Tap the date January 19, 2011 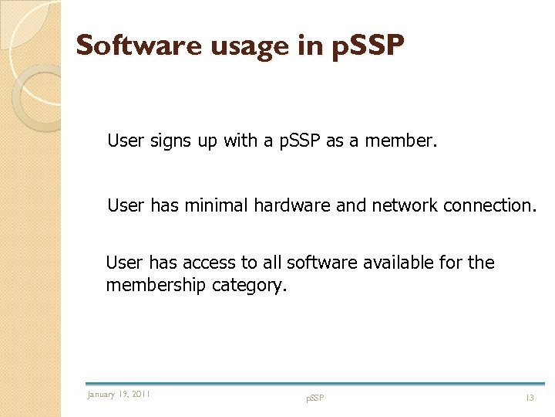click(119, 395)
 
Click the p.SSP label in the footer click(314, 398)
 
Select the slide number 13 click(530, 398)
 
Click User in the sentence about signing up click(125, 141)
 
